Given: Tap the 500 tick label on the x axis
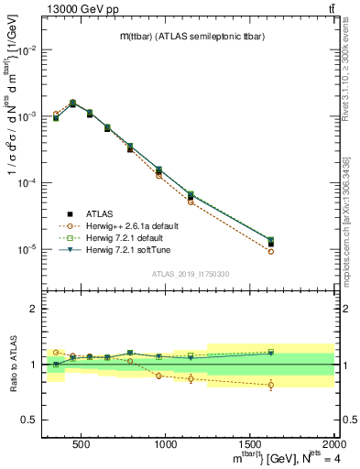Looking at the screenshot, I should pos(81,444).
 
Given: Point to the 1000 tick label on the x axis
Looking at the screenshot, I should pos(166,444).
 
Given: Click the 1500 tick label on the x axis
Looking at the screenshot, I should pos(250,444).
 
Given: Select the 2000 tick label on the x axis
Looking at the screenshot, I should pos(333,444).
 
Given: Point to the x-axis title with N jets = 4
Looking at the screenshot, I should pos(275,457).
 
